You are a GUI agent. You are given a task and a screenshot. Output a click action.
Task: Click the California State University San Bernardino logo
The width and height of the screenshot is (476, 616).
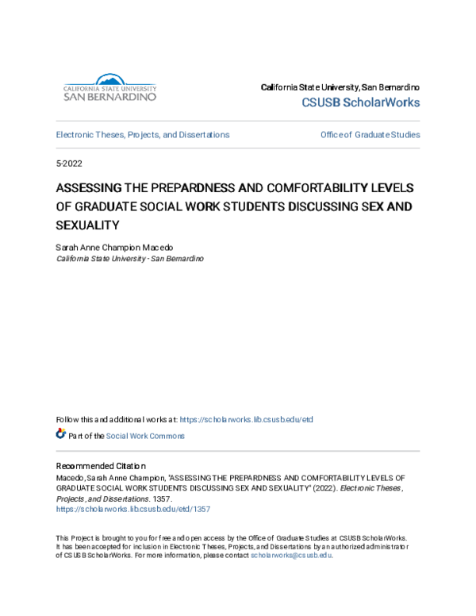coord(109,87)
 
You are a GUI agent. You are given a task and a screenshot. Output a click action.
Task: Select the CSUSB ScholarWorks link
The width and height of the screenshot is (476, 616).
coord(361,103)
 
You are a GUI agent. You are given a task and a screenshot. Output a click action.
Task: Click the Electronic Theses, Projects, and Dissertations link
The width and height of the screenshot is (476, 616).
coord(143,135)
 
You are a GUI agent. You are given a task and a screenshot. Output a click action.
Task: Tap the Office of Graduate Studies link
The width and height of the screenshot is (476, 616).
coord(370,135)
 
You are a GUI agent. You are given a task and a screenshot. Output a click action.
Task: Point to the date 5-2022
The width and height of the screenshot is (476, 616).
coord(69,164)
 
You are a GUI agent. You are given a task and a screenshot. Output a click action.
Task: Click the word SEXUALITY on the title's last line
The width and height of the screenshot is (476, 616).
coord(86,225)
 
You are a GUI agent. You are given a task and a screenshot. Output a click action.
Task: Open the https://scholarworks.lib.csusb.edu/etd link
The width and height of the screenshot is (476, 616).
coord(251,419)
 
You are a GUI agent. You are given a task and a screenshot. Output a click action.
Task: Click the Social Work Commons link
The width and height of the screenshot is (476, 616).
coord(145,436)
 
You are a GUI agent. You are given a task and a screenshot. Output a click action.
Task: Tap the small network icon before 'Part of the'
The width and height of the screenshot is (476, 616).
coord(61,435)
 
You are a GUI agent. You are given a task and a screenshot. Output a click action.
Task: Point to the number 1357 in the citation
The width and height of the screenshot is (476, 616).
coord(162,499)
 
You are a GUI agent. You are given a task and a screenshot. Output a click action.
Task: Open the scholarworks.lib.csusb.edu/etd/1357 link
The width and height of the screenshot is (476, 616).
coord(132,509)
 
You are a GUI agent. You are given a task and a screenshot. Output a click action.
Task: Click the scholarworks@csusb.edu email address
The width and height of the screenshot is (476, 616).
coord(291,556)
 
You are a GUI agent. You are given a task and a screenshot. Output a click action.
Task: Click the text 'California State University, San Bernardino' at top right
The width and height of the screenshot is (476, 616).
coord(340,87)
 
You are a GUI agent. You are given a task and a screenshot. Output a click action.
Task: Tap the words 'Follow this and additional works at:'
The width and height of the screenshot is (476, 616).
coord(117,419)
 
